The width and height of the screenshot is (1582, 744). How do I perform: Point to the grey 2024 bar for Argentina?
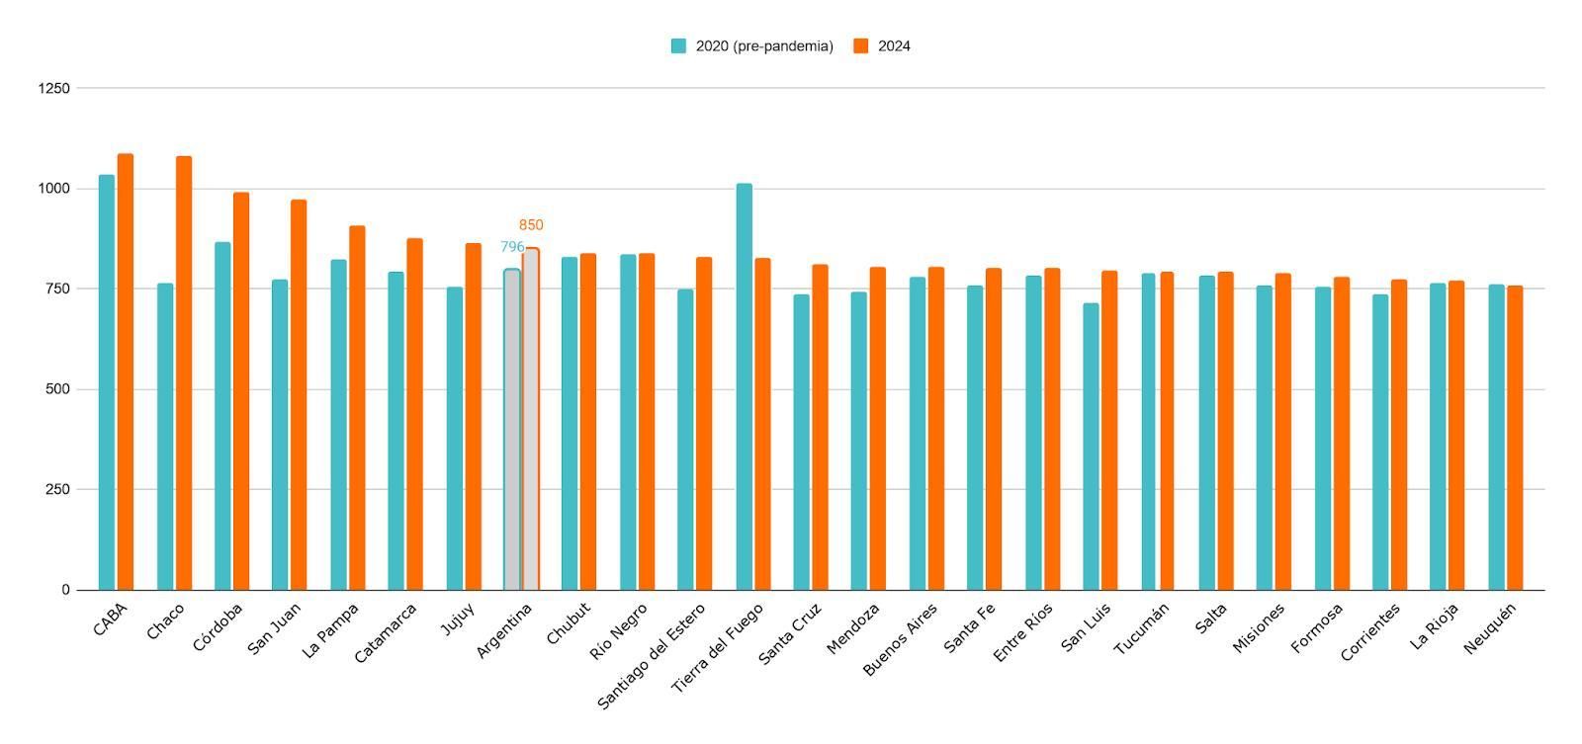coord(531,419)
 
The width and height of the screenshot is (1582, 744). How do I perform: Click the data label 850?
coord(531,225)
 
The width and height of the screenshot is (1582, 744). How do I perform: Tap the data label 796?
coord(511,247)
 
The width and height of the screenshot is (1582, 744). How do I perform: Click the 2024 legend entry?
coord(882,46)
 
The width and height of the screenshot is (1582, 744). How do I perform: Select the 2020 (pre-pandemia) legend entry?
coord(752,46)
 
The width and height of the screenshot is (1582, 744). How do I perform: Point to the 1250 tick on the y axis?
coord(54,88)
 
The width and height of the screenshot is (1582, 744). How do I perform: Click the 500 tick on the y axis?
coord(58,389)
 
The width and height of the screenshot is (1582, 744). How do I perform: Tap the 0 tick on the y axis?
coord(65,590)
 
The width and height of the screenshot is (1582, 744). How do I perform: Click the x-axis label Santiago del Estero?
coord(653,656)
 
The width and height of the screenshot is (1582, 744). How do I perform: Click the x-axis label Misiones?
coord(1259,628)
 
